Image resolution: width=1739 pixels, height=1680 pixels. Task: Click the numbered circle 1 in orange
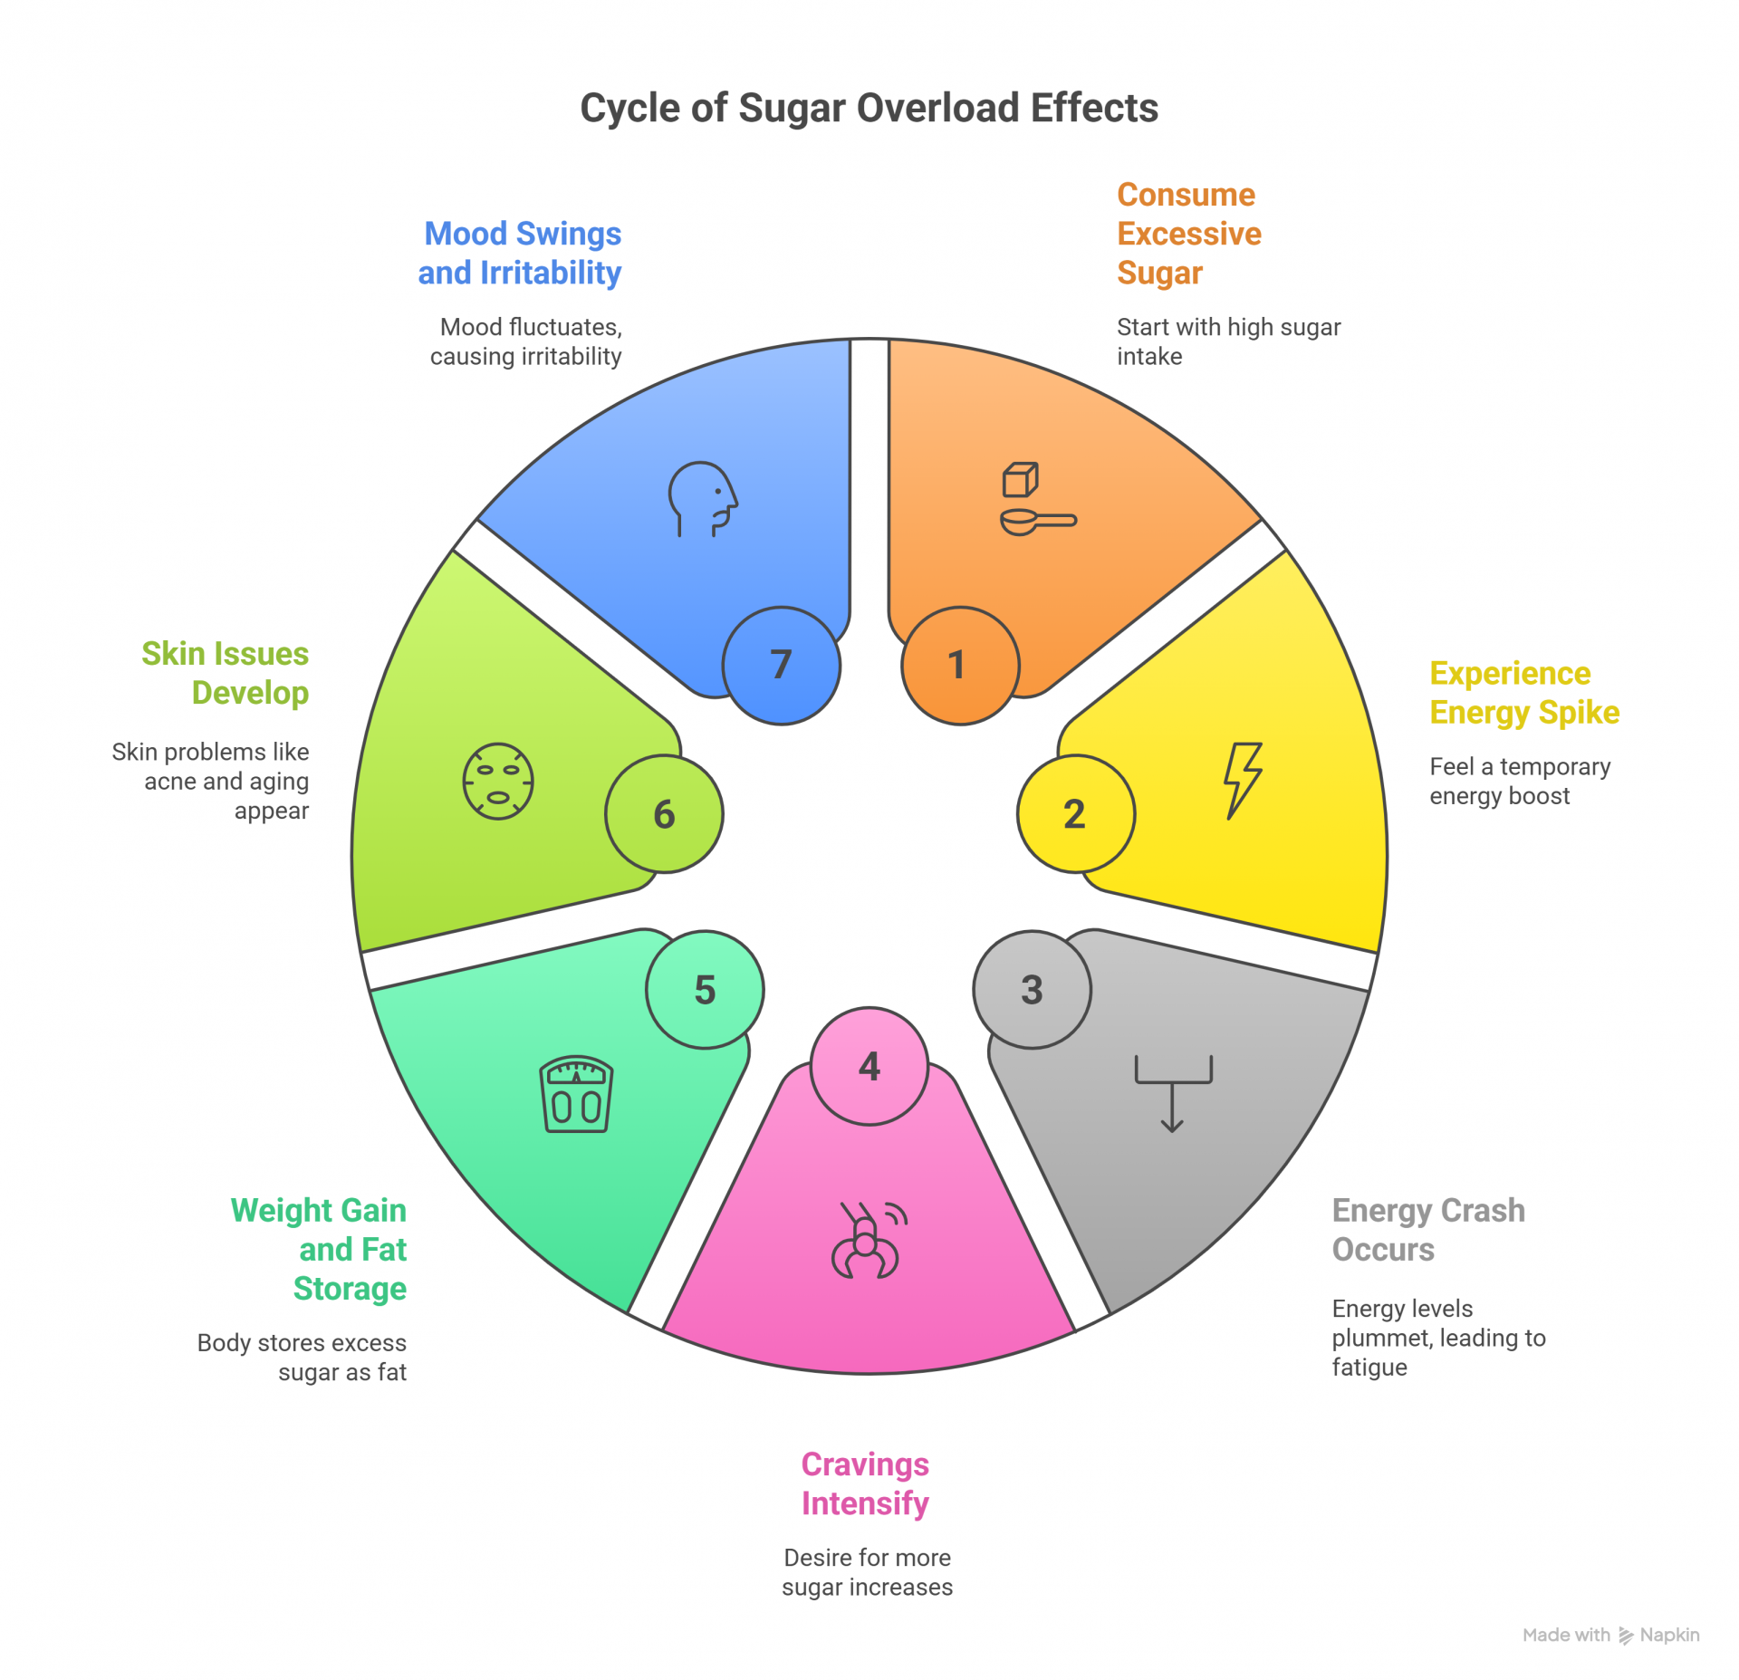[x=960, y=666]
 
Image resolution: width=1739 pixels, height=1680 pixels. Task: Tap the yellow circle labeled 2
[x=1075, y=813]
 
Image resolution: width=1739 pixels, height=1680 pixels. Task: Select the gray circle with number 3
[x=1032, y=990]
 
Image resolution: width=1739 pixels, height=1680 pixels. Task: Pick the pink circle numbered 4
[x=869, y=1066]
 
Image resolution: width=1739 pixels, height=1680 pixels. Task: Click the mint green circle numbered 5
[x=705, y=990]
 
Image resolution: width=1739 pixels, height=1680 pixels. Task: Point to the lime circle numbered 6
[x=664, y=814]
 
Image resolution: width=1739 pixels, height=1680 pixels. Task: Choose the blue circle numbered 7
[x=781, y=666]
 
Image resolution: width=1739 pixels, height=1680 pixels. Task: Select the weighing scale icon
[x=576, y=1094]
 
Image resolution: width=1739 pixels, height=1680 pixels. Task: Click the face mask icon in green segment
[x=498, y=782]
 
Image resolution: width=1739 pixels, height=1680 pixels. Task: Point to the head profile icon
[x=703, y=499]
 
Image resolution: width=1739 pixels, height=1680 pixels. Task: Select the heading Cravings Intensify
[x=865, y=1483]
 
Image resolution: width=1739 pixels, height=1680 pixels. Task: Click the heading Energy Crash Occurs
[x=1427, y=1230]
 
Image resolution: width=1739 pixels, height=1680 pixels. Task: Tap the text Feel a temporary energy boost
[x=1519, y=781]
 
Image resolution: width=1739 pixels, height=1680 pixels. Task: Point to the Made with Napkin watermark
[x=1610, y=1635]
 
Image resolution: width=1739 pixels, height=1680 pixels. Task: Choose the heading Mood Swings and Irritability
[x=521, y=253]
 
